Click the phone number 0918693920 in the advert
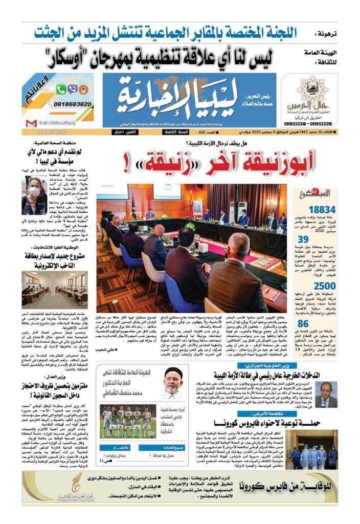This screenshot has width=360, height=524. (72, 104)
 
